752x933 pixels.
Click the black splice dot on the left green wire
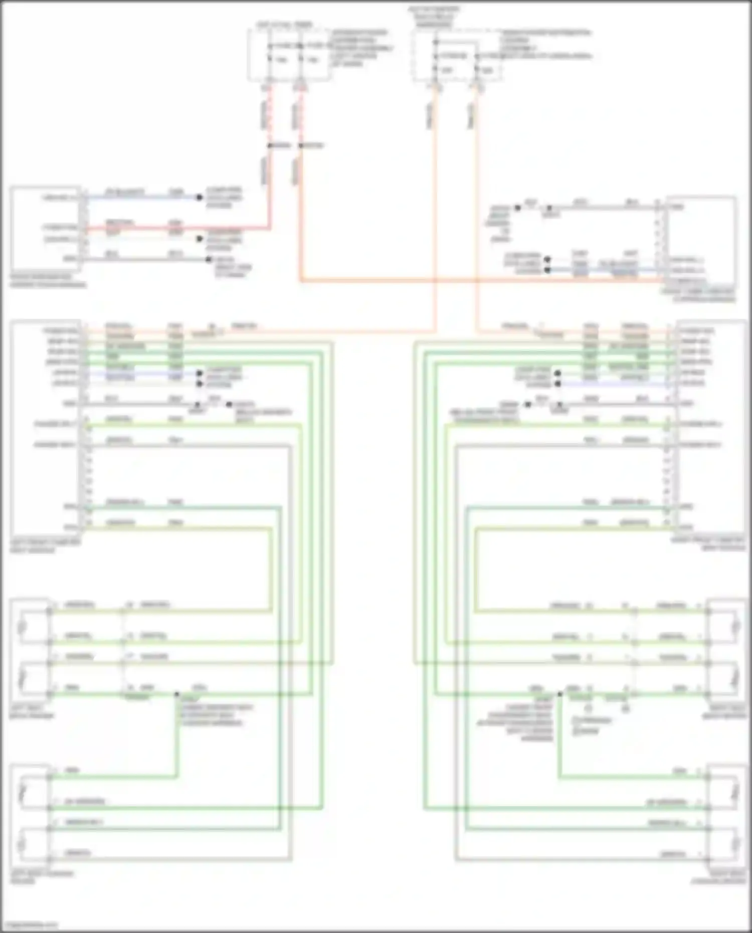[176, 694]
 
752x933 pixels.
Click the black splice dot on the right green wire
[560, 694]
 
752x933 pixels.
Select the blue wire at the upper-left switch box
[140, 198]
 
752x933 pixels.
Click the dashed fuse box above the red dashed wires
[289, 54]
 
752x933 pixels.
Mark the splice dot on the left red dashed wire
[269, 146]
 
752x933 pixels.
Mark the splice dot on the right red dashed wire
[300, 146]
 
